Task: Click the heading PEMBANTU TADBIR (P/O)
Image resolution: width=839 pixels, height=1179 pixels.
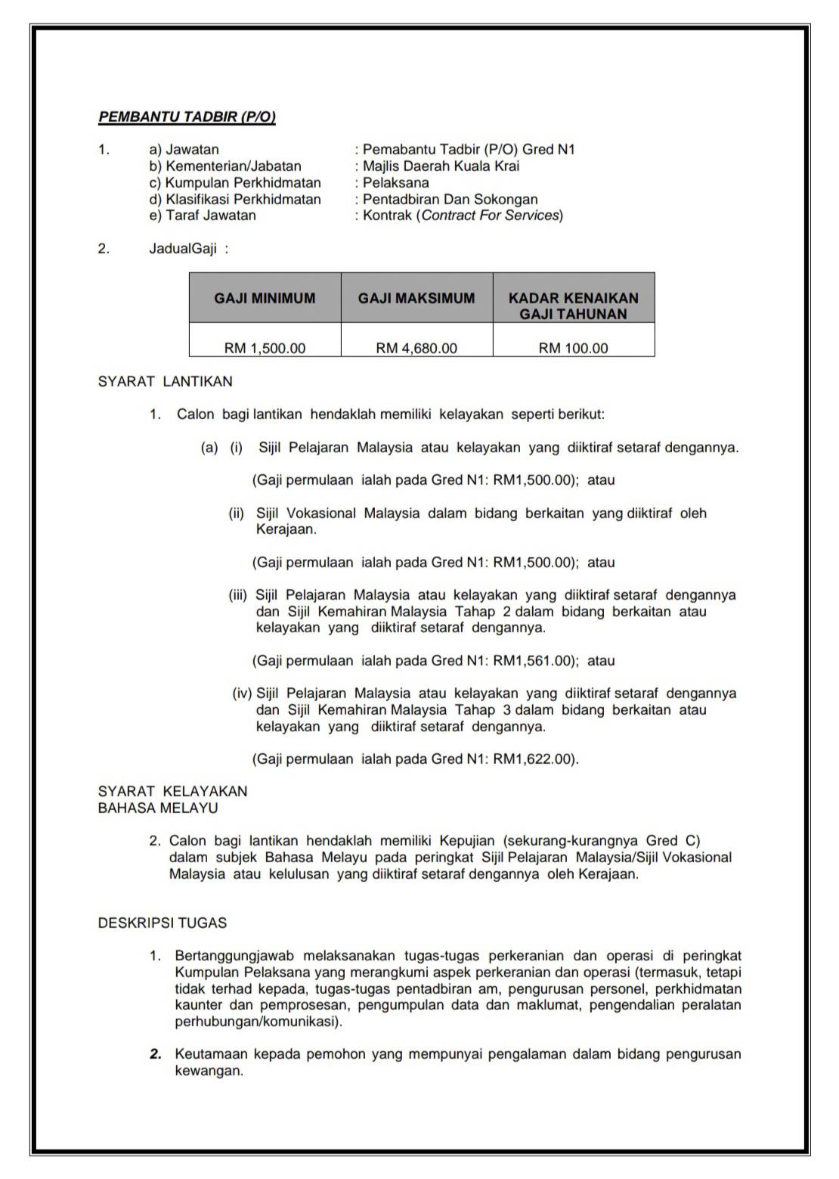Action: click(x=187, y=117)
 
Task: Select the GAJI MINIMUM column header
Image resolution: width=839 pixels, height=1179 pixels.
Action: click(x=265, y=298)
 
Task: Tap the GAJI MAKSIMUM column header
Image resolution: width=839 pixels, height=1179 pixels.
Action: click(x=416, y=298)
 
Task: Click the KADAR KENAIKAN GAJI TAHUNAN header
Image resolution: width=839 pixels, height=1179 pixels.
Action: click(x=573, y=306)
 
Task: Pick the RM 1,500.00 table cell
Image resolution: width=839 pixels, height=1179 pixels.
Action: click(x=265, y=349)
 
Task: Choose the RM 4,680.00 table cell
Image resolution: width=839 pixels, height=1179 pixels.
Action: click(x=416, y=349)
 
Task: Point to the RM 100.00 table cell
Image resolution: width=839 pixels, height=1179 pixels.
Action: click(x=573, y=349)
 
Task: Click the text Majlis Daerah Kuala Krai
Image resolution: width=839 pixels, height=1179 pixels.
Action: click(x=441, y=166)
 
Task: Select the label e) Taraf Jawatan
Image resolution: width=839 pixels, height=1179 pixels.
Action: click(x=203, y=216)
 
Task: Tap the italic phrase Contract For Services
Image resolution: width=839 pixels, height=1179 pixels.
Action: click(x=491, y=216)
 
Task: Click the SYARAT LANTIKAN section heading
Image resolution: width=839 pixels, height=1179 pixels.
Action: click(x=166, y=382)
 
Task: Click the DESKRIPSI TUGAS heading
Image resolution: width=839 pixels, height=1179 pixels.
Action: click(x=163, y=923)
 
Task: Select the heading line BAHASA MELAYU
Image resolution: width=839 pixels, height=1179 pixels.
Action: click(x=158, y=808)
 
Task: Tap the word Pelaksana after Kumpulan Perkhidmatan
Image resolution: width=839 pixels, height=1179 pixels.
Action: click(x=395, y=183)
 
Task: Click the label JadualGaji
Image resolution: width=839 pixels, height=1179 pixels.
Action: click(x=183, y=249)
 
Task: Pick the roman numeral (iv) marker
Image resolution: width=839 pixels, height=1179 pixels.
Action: click(x=243, y=693)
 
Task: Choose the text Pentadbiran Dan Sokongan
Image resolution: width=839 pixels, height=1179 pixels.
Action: click(x=450, y=200)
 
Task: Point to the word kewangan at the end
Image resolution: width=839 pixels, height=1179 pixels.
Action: click(x=208, y=1071)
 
